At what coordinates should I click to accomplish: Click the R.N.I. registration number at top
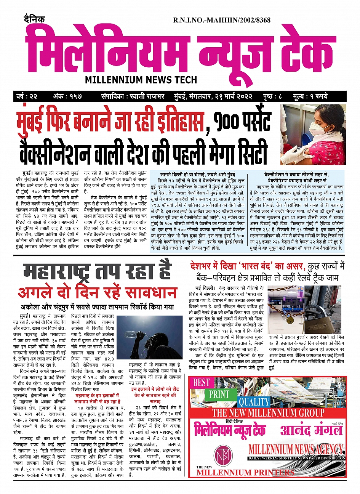(x=222, y=20)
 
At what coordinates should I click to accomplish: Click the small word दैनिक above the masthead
(x=34, y=19)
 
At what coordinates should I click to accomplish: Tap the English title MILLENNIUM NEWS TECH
(x=141, y=80)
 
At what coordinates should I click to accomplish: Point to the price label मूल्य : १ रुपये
(x=310, y=96)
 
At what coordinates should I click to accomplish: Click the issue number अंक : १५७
(x=67, y=96)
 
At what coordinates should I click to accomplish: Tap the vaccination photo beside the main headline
(x=313, y=135)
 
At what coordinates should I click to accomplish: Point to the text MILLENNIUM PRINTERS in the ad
(x=245, y=473)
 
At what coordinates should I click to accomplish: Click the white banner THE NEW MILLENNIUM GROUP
(x=268, y=413)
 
